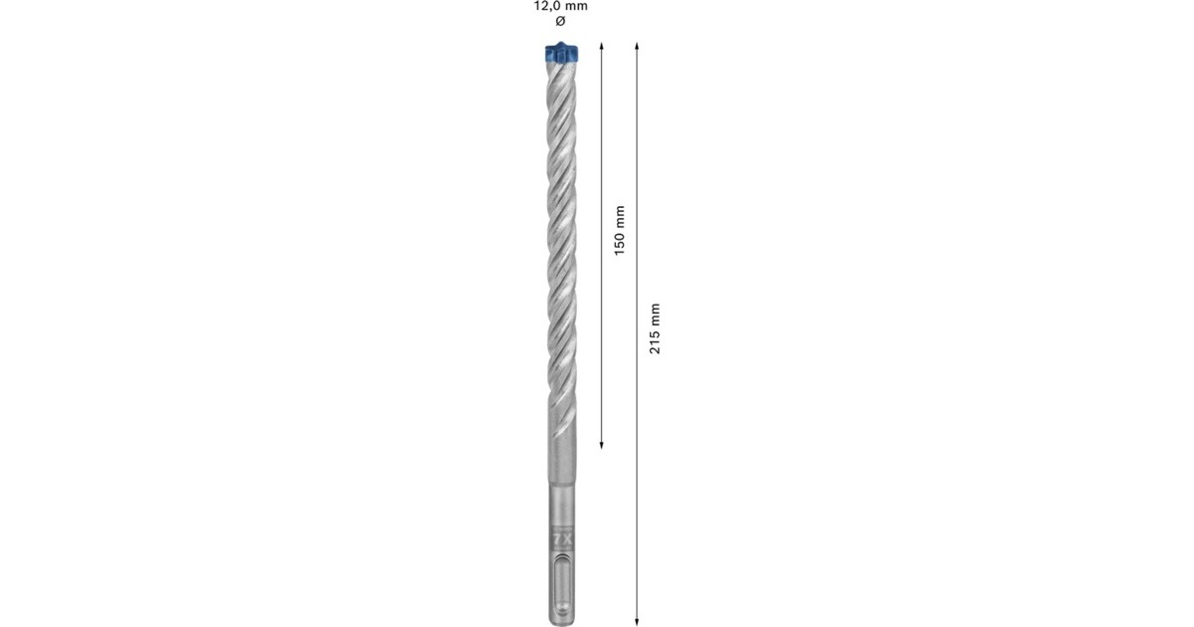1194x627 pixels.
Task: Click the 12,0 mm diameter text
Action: point(560,6)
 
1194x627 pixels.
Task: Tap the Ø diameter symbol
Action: point(559,21)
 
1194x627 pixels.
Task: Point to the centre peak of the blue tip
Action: point(560,46)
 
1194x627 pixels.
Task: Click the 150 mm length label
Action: point(619,231)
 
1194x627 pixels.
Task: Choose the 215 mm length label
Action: point(654,329)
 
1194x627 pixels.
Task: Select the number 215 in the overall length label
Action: point(654,340)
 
